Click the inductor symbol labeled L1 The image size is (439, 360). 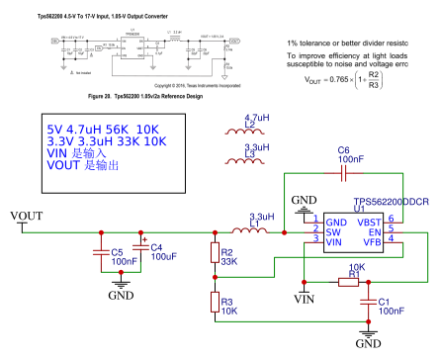[260, 231]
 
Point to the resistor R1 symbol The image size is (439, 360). [347, 282]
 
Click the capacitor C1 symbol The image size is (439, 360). [368, 301]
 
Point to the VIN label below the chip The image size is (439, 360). [306, 296]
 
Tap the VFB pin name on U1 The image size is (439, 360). [372, 238]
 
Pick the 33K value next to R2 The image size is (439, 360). [229, 262]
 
